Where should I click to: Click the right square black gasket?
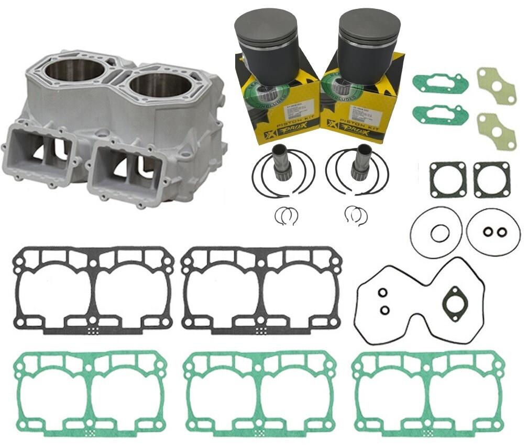click(x=491, y=179)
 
